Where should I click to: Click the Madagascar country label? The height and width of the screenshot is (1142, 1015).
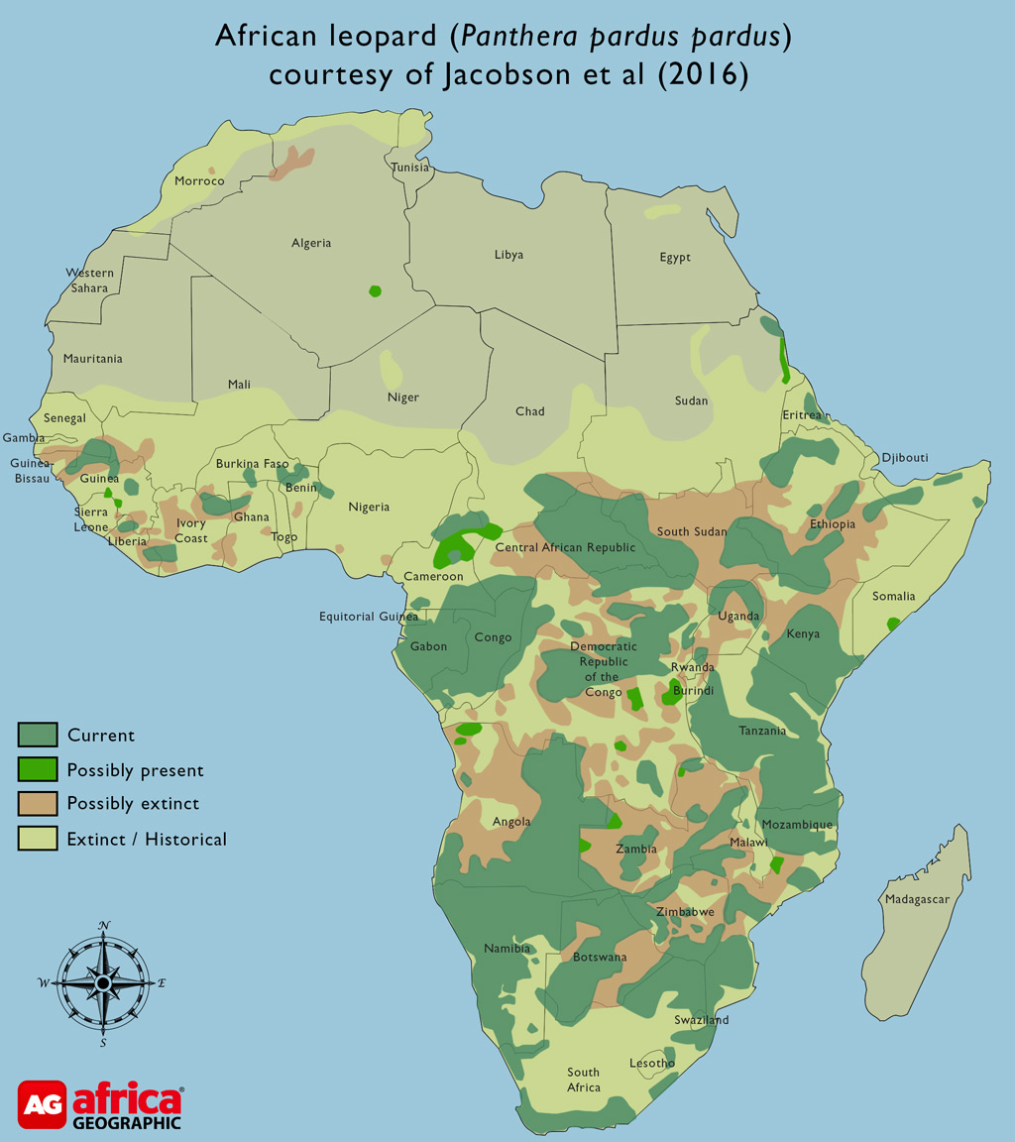[x=918, y=899]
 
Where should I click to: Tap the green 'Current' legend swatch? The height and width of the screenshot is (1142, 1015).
[x=36, y=735]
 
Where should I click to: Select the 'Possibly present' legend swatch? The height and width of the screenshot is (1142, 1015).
[x=36, y=769]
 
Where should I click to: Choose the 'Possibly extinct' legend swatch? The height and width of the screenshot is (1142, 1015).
[x=36, y=803]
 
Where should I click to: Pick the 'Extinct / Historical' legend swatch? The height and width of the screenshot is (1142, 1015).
[x=36, y=839]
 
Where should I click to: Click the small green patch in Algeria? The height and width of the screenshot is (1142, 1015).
[x=375, y=290]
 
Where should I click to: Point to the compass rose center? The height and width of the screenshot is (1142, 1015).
[x=103, y=982]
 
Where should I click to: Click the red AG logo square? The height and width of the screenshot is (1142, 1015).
[x=43, y=1104]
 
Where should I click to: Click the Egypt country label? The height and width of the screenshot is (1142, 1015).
[x=675, y=258]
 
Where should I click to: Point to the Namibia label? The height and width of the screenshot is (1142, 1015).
[x=507, y=949]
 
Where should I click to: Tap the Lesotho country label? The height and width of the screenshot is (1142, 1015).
[x=652, y=1063]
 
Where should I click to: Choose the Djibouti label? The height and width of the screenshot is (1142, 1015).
[x=904, y=457]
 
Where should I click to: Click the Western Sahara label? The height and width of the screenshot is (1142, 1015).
[x=89, y=281]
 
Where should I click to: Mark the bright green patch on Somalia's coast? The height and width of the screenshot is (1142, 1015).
[x=893, y=624]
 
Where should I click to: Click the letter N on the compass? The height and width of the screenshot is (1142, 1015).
[x=103, y=926]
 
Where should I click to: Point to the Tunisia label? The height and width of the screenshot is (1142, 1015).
[x=410, y=167]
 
